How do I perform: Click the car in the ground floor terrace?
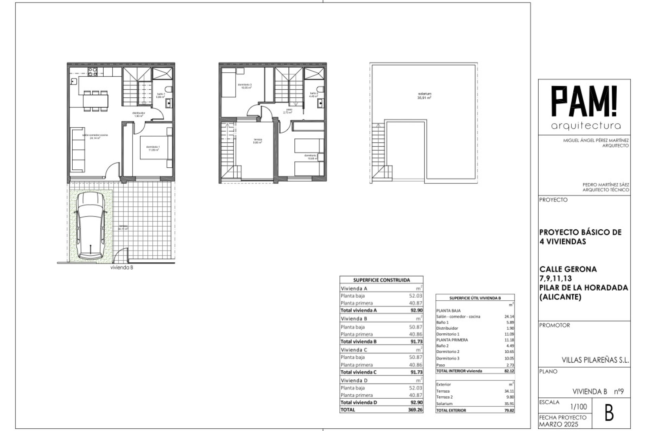[90, 226]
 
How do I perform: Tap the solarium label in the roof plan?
[424, 96]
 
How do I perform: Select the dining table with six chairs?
[96, 100]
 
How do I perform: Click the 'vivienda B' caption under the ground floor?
[121, 268]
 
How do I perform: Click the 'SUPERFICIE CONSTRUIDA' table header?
[382, 280]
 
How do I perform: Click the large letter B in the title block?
[609, 414]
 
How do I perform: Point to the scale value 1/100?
[579, 407]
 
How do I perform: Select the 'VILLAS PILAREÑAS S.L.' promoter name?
[595, 360]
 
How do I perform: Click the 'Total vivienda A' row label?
[359, 310]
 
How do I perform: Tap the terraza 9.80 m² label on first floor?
[258, 141]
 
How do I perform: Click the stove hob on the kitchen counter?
[93, 71]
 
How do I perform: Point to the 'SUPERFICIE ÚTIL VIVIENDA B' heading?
[475, 298]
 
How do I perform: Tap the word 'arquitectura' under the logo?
[586, 126]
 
